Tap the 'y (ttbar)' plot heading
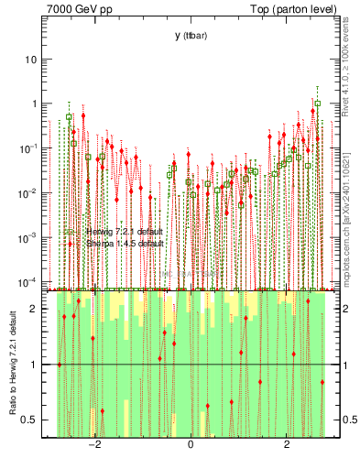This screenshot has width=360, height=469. click(x=191, y=35)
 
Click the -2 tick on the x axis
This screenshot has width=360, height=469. click(x=93, y=446)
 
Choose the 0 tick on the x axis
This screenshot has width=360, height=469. click(x=191, y=446)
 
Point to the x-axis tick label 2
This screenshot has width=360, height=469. click(x=288, y=446)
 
